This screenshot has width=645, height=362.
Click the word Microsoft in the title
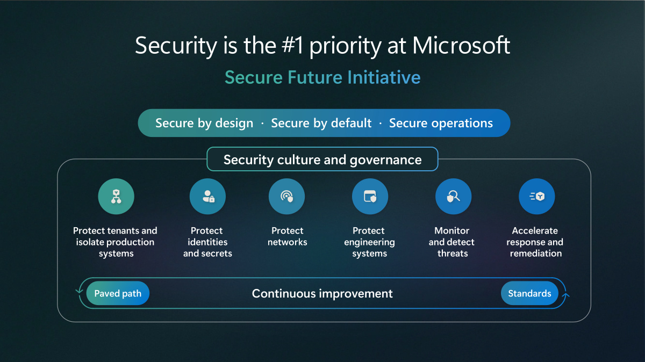(x=461, y=45)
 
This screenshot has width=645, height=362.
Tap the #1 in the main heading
(x=292, y=46)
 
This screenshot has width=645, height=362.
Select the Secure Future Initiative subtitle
(x=322, y=77)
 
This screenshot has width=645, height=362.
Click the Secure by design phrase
(x=204, y=123)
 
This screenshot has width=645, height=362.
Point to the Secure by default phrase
(x=321, y=123)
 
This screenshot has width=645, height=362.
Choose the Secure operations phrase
(x=441, y=123)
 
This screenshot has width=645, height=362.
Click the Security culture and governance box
(x=322, y=159)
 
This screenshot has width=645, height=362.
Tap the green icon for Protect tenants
(x=116, y=196)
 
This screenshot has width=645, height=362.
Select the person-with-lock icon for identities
(x=207, y=196)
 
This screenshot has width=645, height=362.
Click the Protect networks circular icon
(x=286, y=196)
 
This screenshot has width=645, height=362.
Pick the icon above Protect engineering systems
(x=370, y=196)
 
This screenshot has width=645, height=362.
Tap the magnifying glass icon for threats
(x=453, y=196)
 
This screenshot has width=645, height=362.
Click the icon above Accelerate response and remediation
(x=537, y=196)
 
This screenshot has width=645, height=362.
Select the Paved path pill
(x=118, y=293)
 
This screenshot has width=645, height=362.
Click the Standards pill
(x=529, y=293)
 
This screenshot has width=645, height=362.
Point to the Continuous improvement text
(x=322, y=293)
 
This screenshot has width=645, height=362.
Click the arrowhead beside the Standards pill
(x=566, y=295)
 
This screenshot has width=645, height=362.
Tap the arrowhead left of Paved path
(x=79, y=292)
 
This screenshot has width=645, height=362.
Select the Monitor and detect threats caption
(x=452, y=242)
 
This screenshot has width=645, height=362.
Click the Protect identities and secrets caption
(x=207, y=242)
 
